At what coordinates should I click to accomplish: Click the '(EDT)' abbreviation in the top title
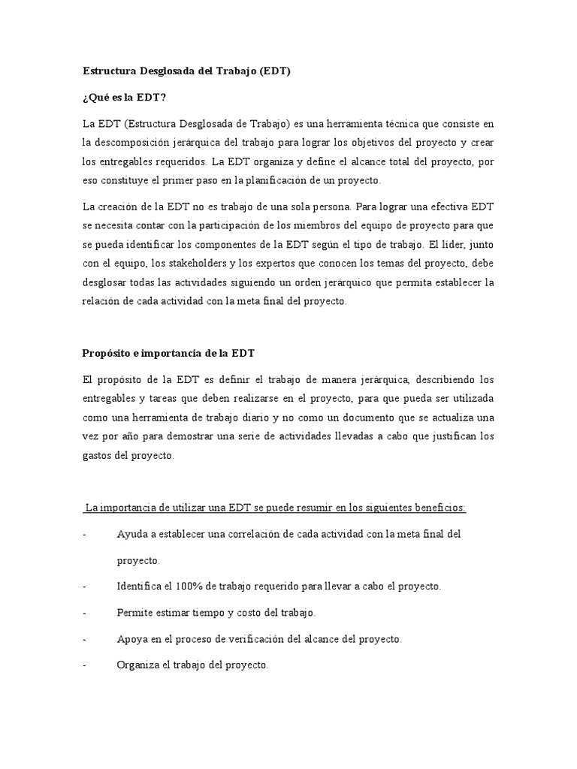tap(276, 71)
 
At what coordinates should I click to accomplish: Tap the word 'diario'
tap(267, 417)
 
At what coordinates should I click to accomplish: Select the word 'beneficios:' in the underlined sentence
tap(439, 508)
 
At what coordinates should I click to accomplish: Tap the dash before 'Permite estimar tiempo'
tap(84, 613)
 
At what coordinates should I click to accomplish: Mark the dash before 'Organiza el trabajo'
tap(84, 665)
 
